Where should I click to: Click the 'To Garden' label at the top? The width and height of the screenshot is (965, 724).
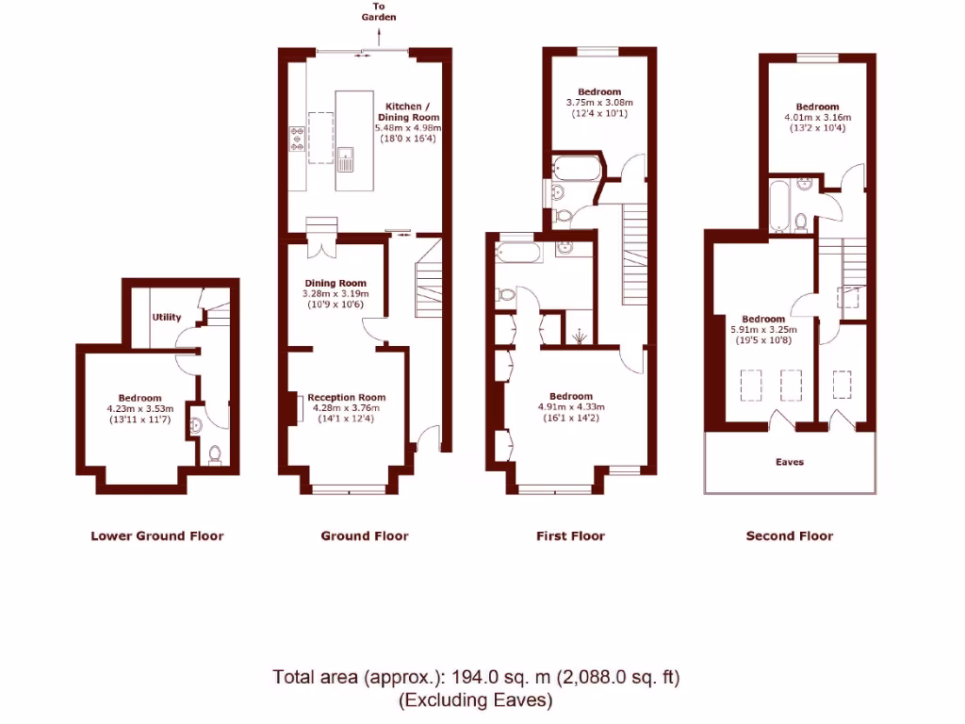(x=377, y=12)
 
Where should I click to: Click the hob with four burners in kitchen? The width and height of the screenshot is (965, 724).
(x=298, y=140)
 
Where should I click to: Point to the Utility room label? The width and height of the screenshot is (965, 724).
(x=167, y=318)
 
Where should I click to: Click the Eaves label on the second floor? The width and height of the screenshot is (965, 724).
(x=789, y=462)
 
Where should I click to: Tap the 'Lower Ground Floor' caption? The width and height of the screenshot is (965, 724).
(x=156, y=536)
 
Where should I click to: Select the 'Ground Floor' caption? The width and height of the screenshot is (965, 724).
(x=365, y=536)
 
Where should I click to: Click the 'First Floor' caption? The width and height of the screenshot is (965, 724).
(x=570, y=536)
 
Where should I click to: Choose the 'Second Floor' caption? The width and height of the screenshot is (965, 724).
(x=789, y=536)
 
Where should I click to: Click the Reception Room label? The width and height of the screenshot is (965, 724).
(x=346, y=398)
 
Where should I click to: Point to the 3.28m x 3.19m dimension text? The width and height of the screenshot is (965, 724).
(x=335, y=294)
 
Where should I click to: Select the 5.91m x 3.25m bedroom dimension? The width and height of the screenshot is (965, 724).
(x=763, y=330)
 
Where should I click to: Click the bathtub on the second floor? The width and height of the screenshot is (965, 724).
(x=778, y=207)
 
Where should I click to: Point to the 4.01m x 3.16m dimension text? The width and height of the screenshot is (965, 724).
(x=816, y=118)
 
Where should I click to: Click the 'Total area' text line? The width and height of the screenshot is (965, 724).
(x=476, y=677)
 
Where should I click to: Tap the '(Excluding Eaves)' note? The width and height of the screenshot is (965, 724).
(x=476, y=700)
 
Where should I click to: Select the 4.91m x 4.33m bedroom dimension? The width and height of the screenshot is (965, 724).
(x=571, y=407)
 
